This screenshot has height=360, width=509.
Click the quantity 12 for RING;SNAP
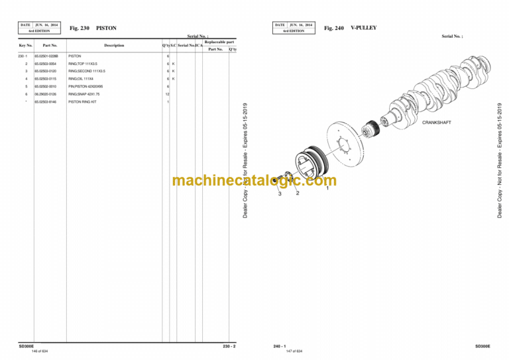tap(168, 94)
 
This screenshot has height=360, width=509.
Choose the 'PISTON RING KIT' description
tap(81, 102)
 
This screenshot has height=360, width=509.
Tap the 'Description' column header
tap(114, 45)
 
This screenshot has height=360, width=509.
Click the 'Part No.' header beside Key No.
tap(50, 45)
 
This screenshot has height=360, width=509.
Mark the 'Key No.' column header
tap(26, 45)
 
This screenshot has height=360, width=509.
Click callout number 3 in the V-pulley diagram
tap(280, 194)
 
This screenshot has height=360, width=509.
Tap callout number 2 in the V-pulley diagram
tap(298, 193)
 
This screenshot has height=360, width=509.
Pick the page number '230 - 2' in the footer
tap(229, 345)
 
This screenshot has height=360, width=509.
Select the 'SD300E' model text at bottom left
tap(27, 345)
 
